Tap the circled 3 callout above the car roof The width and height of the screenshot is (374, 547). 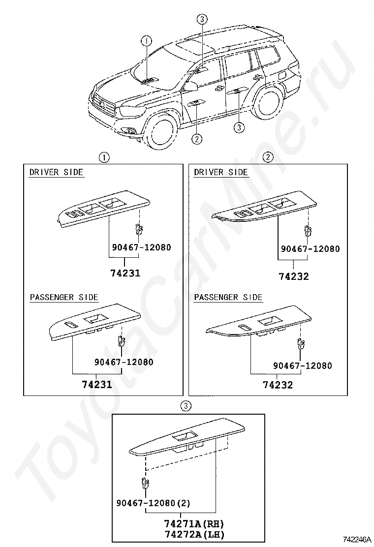coord(202,20)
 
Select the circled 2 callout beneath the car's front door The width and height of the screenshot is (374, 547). coord(196,139)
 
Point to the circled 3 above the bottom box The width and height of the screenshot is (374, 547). coord(185,406)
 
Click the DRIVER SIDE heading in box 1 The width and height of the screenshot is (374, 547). coord(56,172)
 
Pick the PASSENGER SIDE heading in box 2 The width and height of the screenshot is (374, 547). coord(228,298)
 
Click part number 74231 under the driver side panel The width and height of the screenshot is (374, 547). coord(125,273)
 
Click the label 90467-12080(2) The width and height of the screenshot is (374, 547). coord(154,503)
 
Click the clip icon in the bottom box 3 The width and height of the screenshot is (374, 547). coord(145,484)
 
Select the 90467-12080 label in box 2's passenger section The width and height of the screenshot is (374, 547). coord(303,366)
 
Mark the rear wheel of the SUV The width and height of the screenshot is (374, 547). coord(267,103)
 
